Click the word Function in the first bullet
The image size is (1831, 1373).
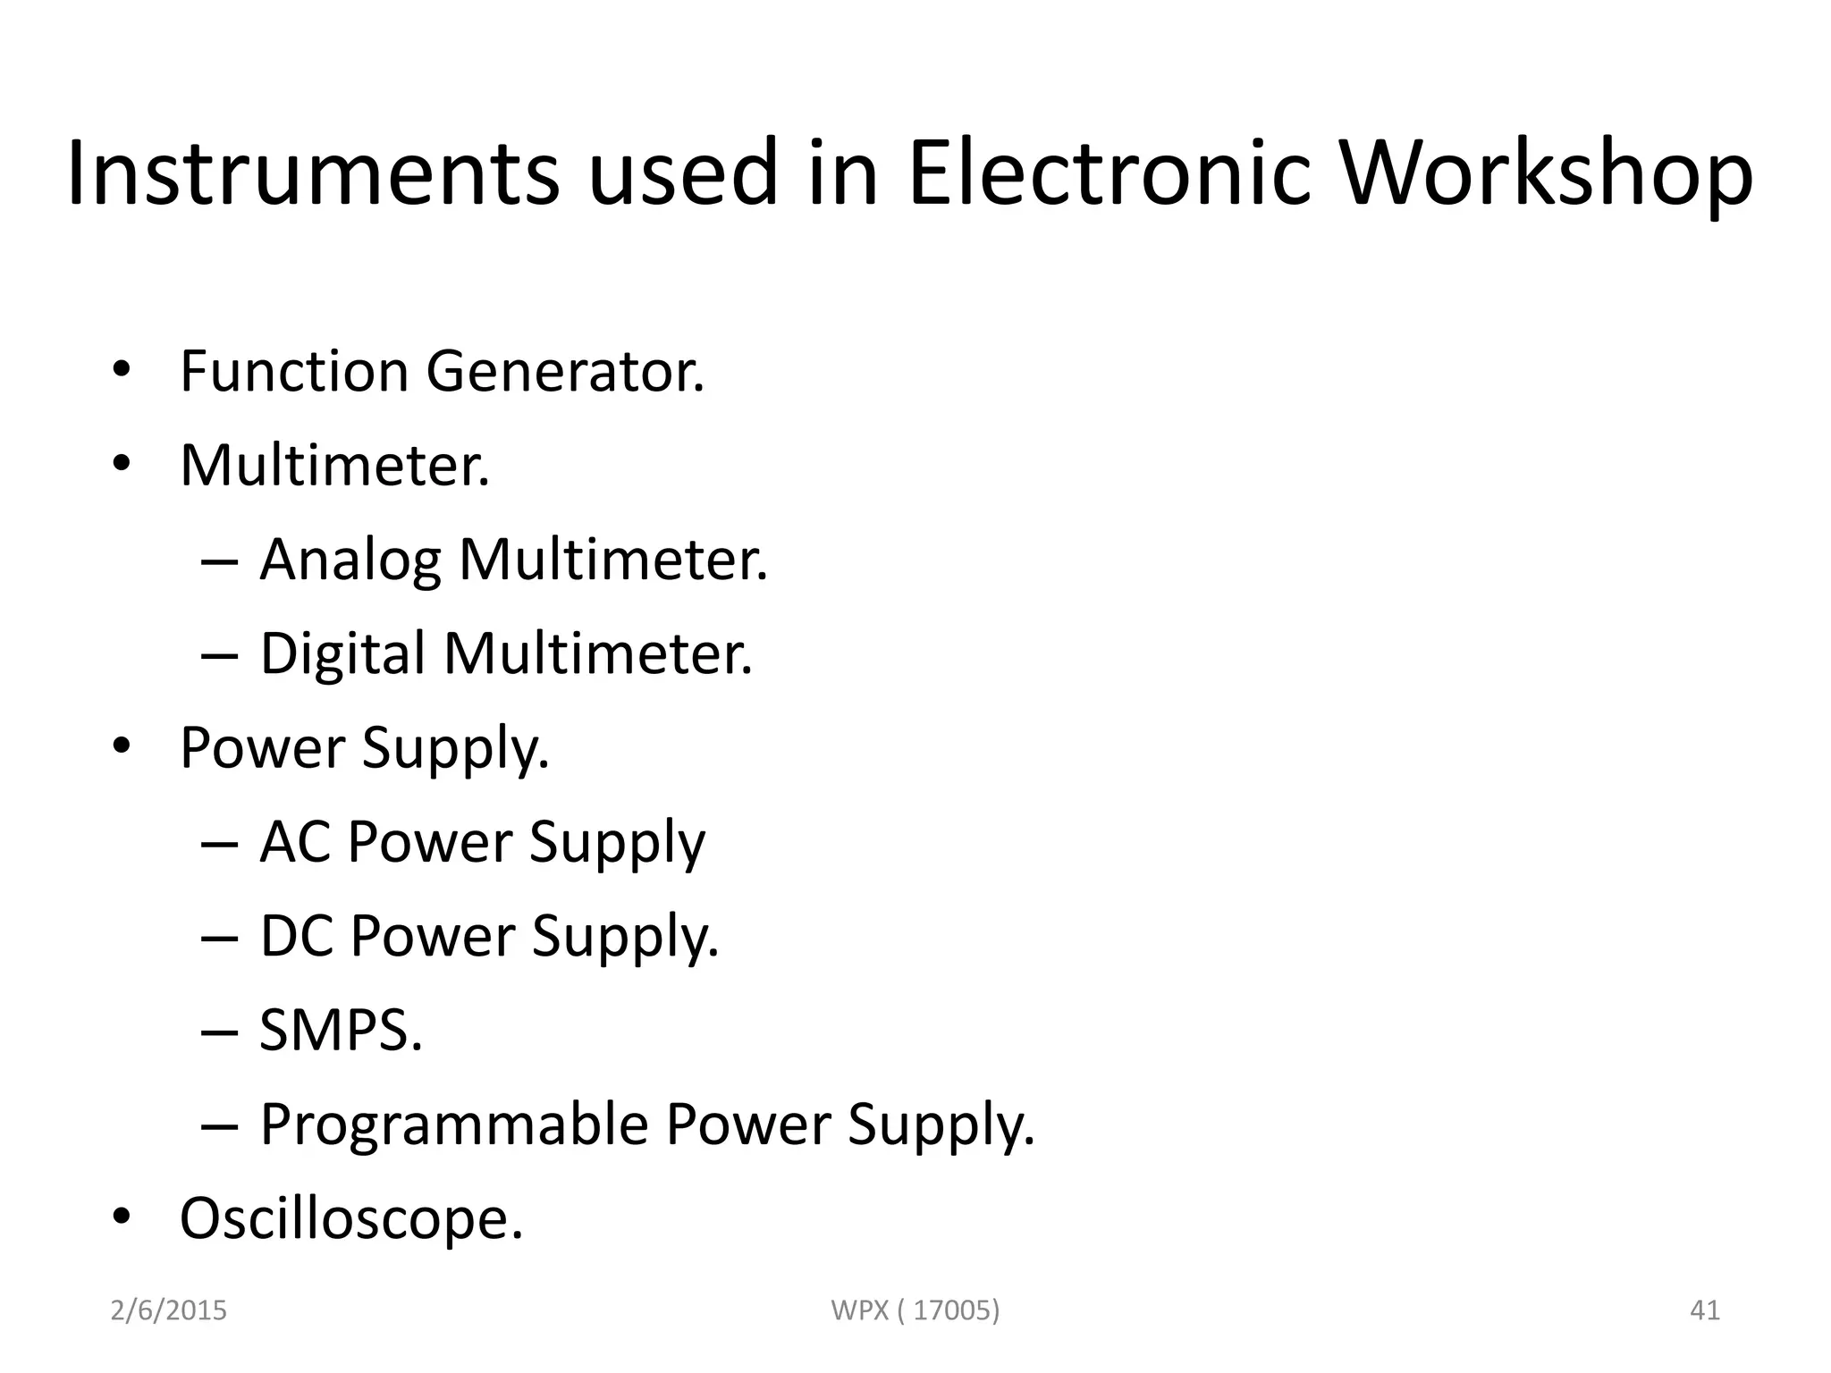tap(294, 371)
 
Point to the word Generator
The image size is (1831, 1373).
tap(565, 371)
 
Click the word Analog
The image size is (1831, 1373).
tap(350, 561)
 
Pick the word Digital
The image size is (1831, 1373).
tap(342, 654)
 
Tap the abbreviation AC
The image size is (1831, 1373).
tap(293, 842)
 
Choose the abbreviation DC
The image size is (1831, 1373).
tap(295, 936)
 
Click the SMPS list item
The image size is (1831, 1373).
tap(341, 1030)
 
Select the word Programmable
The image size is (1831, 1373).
tap(453, 1125)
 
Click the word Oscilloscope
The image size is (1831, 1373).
tap(350, 1218)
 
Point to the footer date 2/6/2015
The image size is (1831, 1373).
tap(168, 1310)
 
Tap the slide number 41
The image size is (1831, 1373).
tap(1705, 1310)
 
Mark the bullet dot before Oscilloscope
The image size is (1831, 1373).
tap(122, 1217)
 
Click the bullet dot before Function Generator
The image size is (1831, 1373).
tap(122, 370)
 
